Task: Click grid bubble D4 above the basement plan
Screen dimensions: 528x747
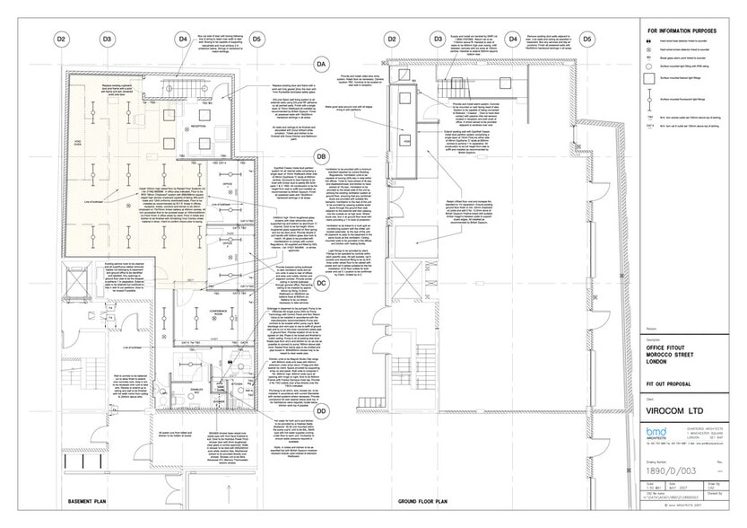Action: tap(183, 40)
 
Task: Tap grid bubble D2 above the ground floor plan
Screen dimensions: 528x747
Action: tap(391, 40)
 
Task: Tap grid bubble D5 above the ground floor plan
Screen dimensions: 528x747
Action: tap(586, 40)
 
